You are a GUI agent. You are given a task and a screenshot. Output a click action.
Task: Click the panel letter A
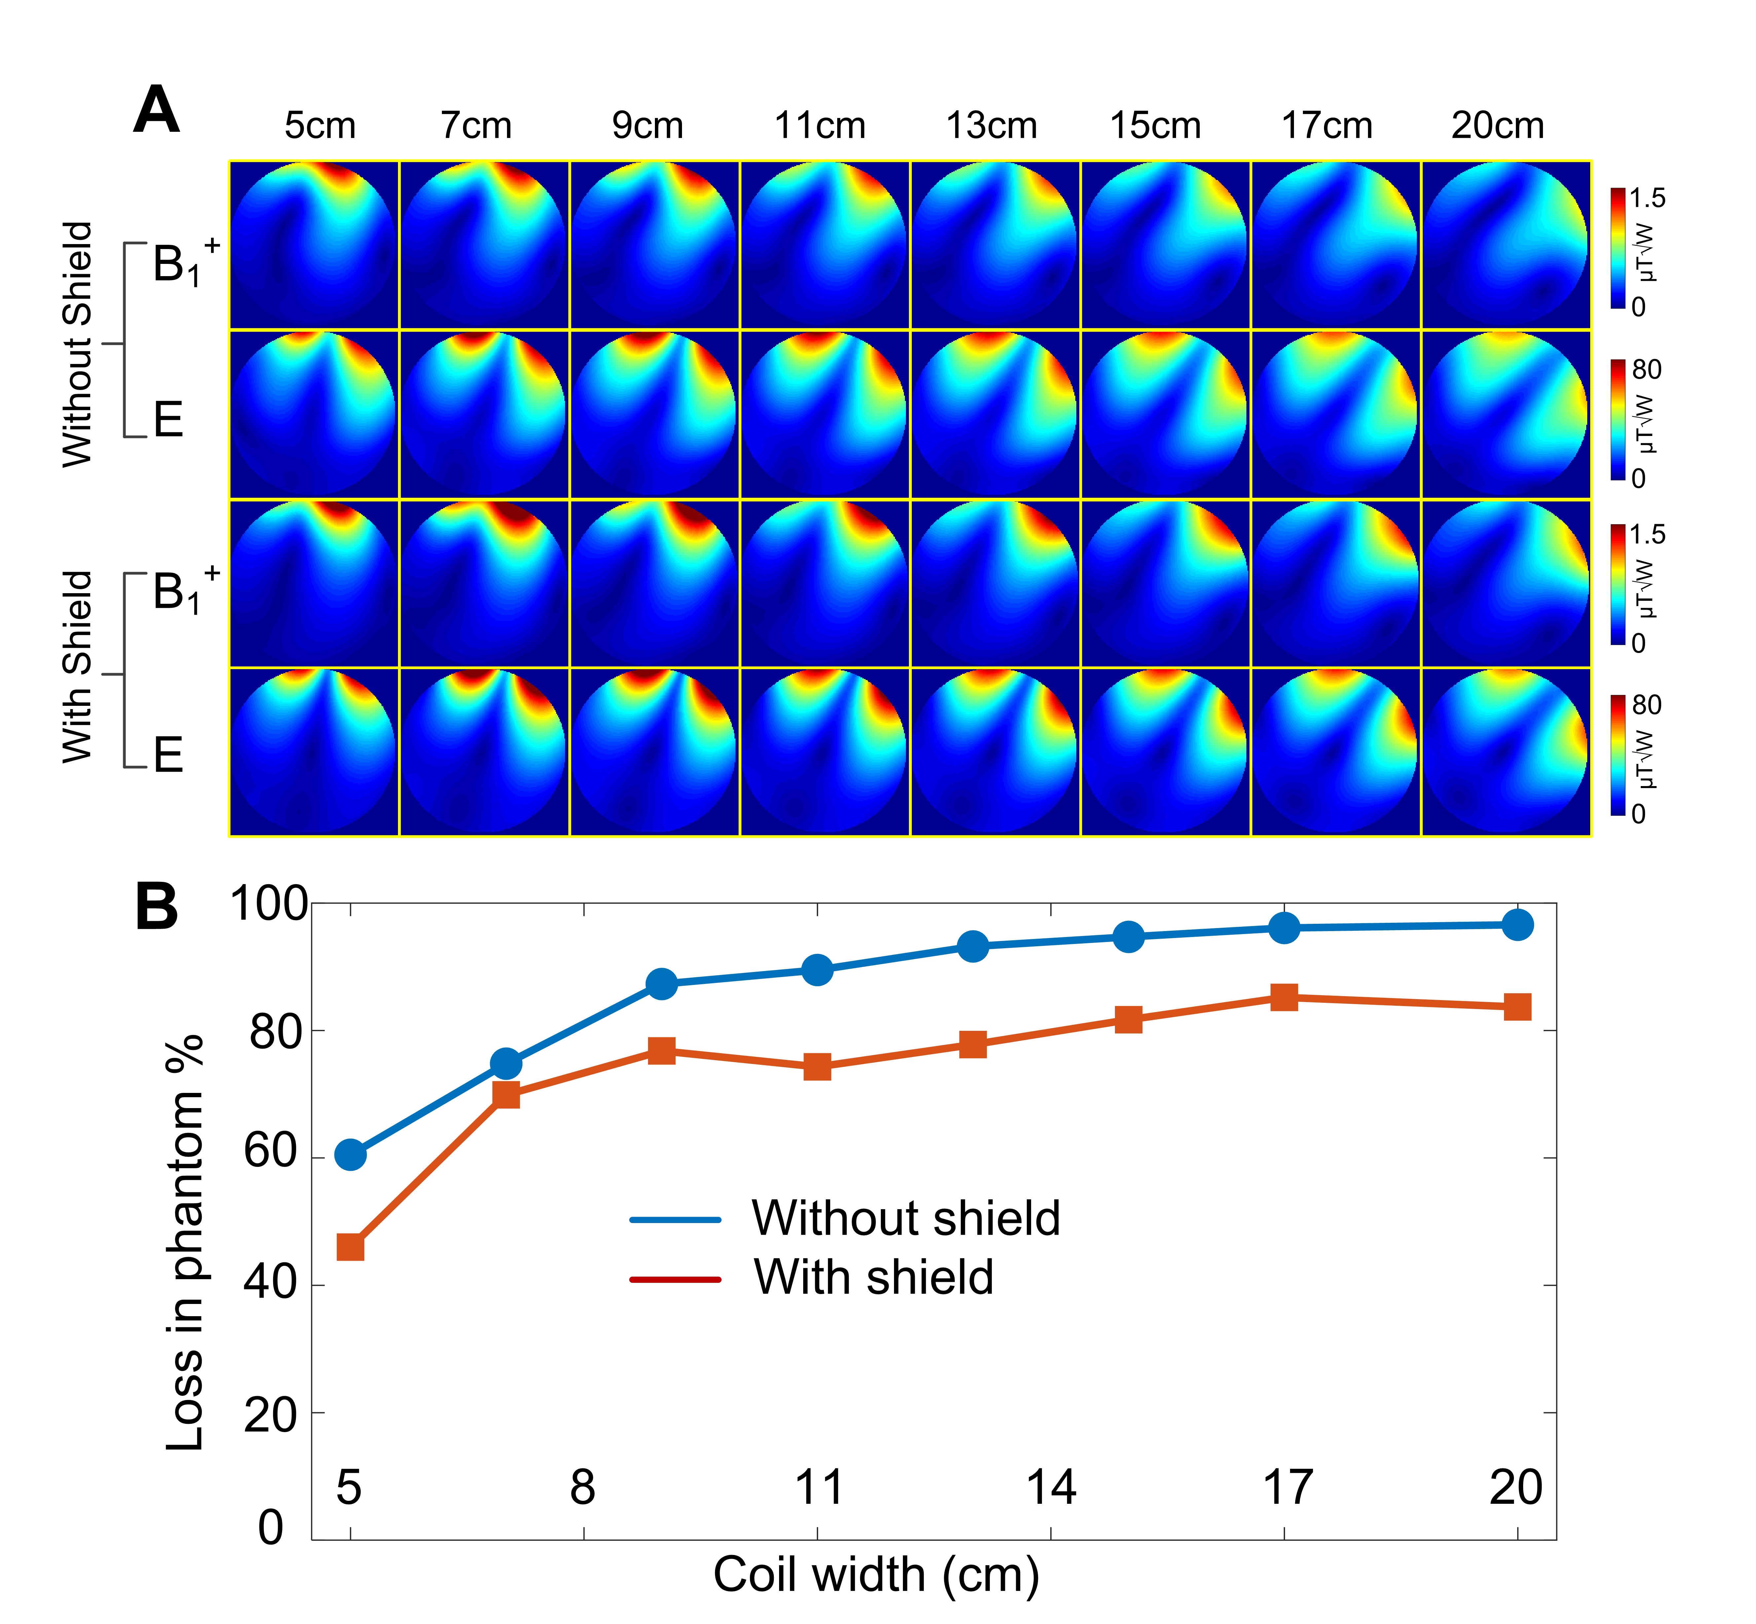tap(157, 112)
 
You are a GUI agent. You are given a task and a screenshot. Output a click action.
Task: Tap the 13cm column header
tap(991, 126)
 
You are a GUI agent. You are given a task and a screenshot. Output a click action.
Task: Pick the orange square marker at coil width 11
tap(817, 1067)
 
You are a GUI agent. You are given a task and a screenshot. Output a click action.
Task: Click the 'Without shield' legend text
tap(905, 1218)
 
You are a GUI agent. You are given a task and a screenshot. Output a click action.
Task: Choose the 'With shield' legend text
tap(874, 1277)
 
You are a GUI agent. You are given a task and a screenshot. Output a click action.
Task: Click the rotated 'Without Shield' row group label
tap(77, 344)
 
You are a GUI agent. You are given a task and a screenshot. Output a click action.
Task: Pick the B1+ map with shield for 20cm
tap(1506, 584)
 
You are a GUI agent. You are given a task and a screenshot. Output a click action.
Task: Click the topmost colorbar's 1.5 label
tap(1646, 198)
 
